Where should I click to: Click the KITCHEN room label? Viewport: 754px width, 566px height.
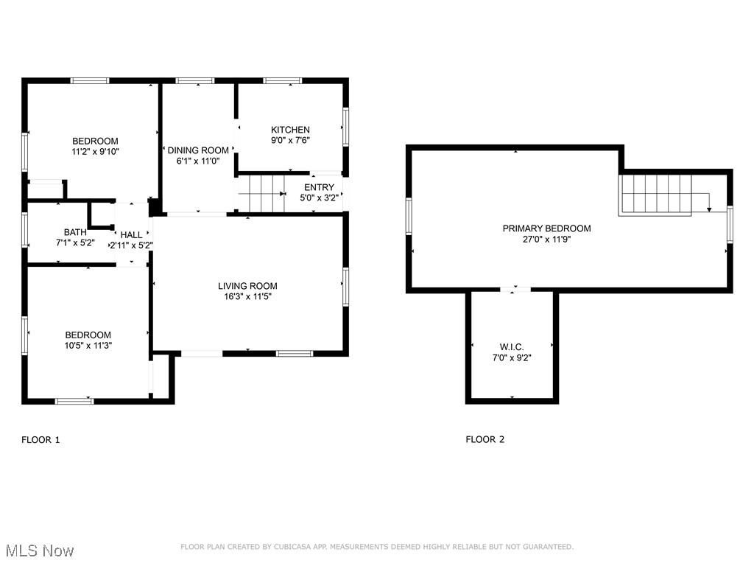coord(290,130)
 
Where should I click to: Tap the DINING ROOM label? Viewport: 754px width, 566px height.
coord(198,150)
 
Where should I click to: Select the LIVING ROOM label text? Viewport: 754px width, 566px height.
coord(247,286)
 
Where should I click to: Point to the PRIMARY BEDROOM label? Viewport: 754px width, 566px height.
coord(546,228)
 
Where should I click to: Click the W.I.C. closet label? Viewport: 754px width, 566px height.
coord(511,347)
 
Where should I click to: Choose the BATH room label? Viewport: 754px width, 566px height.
coord(75,232)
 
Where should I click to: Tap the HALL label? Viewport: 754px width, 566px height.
coord(132,235)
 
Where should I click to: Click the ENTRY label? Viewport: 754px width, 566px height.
coord(319,187)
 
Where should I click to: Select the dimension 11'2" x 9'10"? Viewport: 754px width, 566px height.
coord(94,153)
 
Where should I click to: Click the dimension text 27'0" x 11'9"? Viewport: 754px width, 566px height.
coord(546,239)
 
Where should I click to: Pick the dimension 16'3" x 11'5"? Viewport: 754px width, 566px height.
coord(247,297)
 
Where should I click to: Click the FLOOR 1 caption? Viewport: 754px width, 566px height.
coord(40,440)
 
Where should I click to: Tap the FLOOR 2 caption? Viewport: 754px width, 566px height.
coord(485,440)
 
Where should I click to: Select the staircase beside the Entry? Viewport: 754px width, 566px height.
coord(261,194)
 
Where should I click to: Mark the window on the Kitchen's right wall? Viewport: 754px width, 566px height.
coord(345,128)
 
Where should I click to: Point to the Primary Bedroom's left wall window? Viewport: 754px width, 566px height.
coord(409,217)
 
